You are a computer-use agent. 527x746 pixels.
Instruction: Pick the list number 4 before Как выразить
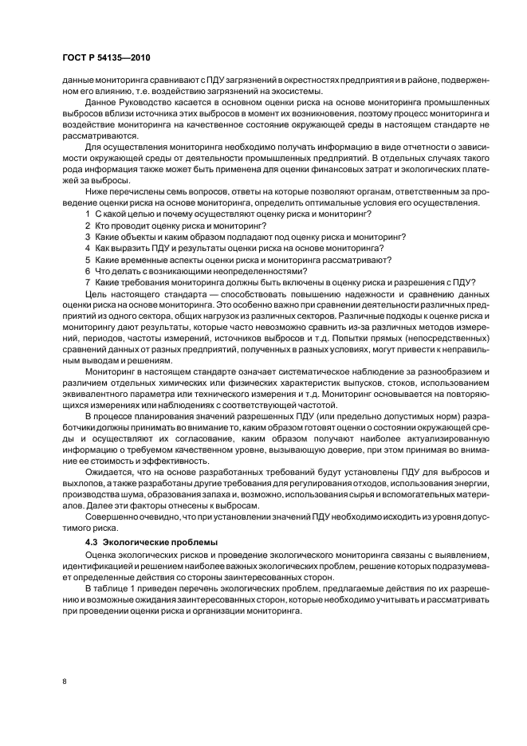coord(87,249)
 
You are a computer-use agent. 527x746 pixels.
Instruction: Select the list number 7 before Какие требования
coord(87,282)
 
